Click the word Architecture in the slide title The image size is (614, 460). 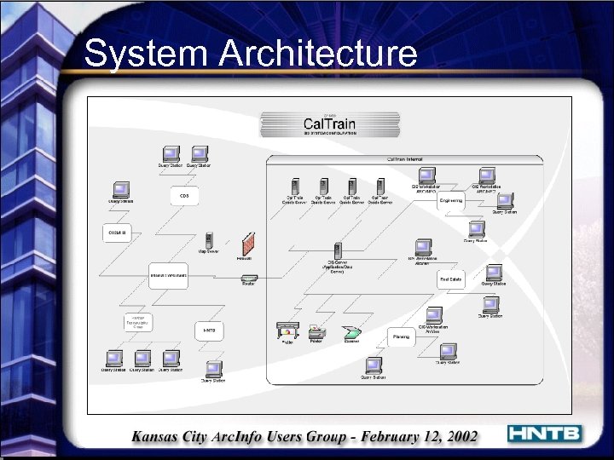point(317,55)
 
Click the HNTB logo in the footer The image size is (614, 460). point(544,434)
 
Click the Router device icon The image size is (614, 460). point(248,277)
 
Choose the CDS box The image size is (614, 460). point(183,196)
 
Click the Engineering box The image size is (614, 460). point(451,201)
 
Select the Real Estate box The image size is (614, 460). point(450,279)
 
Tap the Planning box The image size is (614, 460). point(402,336)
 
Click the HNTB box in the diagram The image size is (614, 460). point(208,330)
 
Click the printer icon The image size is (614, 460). point(316,331)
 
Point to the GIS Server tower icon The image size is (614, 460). point(339,251)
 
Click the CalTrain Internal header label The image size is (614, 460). point(405,159)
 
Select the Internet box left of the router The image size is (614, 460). point(169,276)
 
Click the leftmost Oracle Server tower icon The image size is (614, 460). point(295,186)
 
